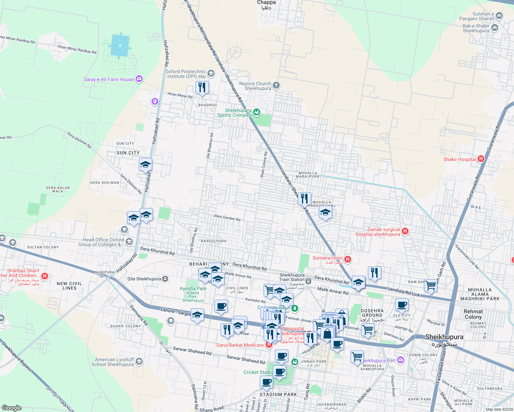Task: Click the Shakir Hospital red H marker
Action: tap(481, 159)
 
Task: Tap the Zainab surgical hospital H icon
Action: tap(405, 231)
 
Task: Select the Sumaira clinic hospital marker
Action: tap(348, 259)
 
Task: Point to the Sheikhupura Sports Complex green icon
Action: tap(257, 112)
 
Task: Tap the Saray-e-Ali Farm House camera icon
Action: tap(139, 79)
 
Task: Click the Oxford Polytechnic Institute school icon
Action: tap(211, 73)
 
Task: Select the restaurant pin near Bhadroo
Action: tap(202, 88)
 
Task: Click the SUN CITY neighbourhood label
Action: tap(128, 153)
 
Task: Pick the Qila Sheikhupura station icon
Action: tap(165, 279)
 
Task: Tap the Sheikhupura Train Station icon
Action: tap(309, 281)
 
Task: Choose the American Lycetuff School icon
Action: tap(139, 362)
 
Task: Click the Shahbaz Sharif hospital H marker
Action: tap(44, 276)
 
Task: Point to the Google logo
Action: tap(12, 408)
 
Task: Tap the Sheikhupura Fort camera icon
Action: tap(400, 360)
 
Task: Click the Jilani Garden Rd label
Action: tap(227, 217)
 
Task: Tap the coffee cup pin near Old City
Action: tap(401, 305)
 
